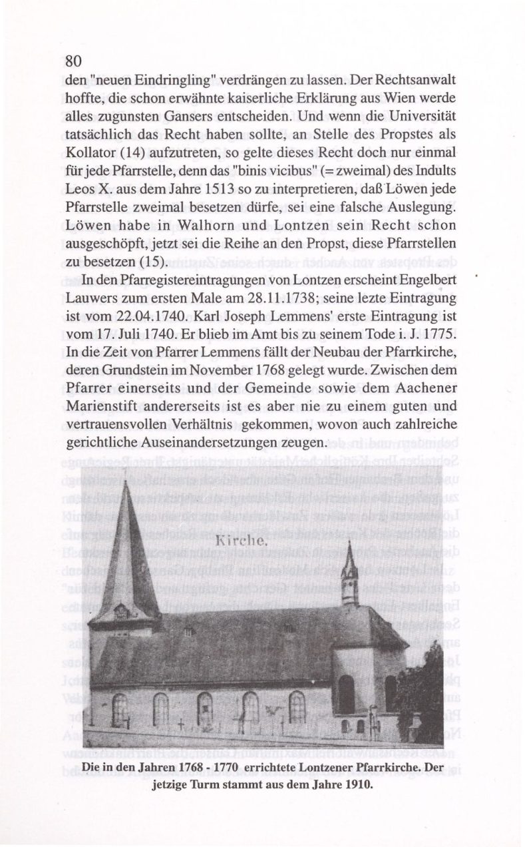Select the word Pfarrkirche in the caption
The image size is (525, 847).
coord(387,766)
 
